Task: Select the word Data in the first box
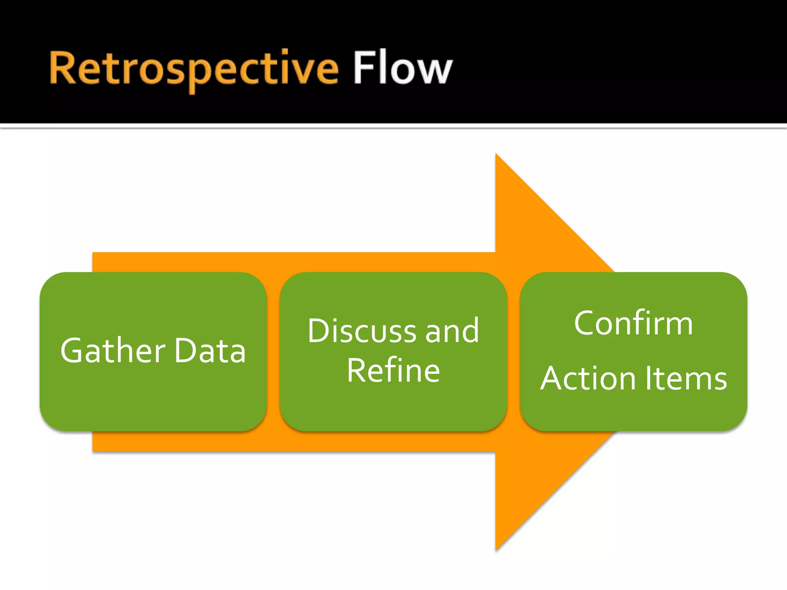click(x=210, y=350)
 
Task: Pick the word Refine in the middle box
click(x=393, y=370)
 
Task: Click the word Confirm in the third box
click(x=633, y=323)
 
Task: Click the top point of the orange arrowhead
click(x=496, y=155)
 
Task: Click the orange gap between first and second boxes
click(x=273, y=351)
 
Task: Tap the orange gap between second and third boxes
click(x=513, y=351)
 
